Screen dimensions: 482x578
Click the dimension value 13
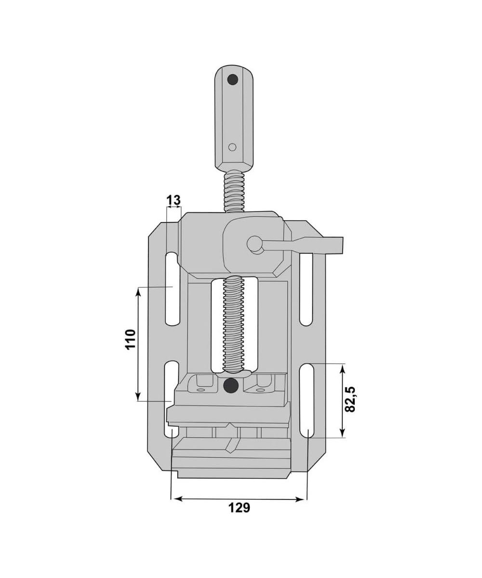click(174, 200)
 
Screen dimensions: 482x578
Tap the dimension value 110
click(131, 340)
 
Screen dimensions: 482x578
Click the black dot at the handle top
click(233, 80)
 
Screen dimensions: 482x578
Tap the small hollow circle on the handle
click(232, 147)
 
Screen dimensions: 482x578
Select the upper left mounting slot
click(172, 289)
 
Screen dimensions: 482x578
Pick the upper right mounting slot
click(306, 289)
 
